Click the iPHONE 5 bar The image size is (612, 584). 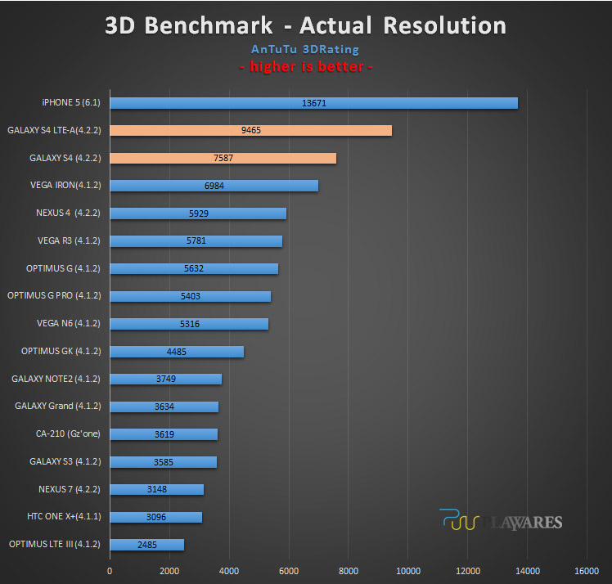(314, 103)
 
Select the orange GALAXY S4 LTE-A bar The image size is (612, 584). (251, 130)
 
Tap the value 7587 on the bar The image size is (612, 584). (223, 158)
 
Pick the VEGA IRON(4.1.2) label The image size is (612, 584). (65, 185)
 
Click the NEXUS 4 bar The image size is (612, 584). (198, 213)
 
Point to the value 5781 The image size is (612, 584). (196, 240)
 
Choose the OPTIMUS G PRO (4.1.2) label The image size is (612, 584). (54, 296)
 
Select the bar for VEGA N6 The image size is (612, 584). (189, 324)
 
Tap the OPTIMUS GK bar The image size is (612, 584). (177, 352)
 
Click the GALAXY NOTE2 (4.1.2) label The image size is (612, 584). (56, 379)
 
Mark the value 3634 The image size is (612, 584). (164, 407)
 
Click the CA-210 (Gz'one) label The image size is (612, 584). (68, 434)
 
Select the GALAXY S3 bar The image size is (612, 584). (164, 462)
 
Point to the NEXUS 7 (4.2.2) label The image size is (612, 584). (69, 489)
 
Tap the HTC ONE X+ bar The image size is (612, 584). (156, 517)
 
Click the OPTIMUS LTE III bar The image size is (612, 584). (147, 545)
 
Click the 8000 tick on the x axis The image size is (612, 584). (349, 571)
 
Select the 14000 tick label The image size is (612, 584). (528, 571)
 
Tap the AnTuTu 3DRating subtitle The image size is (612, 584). (305, 50)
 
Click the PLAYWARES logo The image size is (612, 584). (501, 520)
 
